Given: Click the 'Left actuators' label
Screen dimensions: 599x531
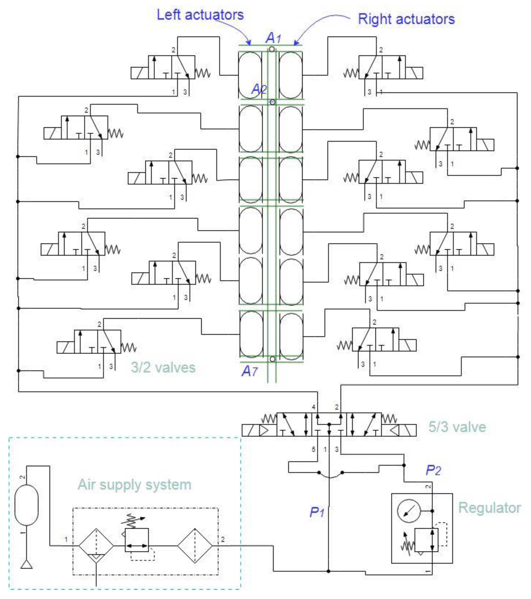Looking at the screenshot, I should [x=200, y=15].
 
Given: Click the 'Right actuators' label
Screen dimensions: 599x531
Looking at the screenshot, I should [x=406, y=19].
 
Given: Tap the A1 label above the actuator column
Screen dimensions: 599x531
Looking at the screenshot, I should [x=273, y=38].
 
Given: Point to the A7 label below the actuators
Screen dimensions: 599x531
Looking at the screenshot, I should [x=249, y=371].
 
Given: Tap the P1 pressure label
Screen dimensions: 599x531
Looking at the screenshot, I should [x=317, y=512].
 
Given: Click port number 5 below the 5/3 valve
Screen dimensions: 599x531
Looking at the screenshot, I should [x=313, y=449].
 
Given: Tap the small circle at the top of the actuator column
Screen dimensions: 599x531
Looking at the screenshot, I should [x=272, y=49].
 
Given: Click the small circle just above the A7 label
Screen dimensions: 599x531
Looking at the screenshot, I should [x=273, y=359].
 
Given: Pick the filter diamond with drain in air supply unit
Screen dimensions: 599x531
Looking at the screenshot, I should [x=96, y=546].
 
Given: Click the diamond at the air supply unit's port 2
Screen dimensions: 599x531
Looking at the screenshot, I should [x=195, y=546].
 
